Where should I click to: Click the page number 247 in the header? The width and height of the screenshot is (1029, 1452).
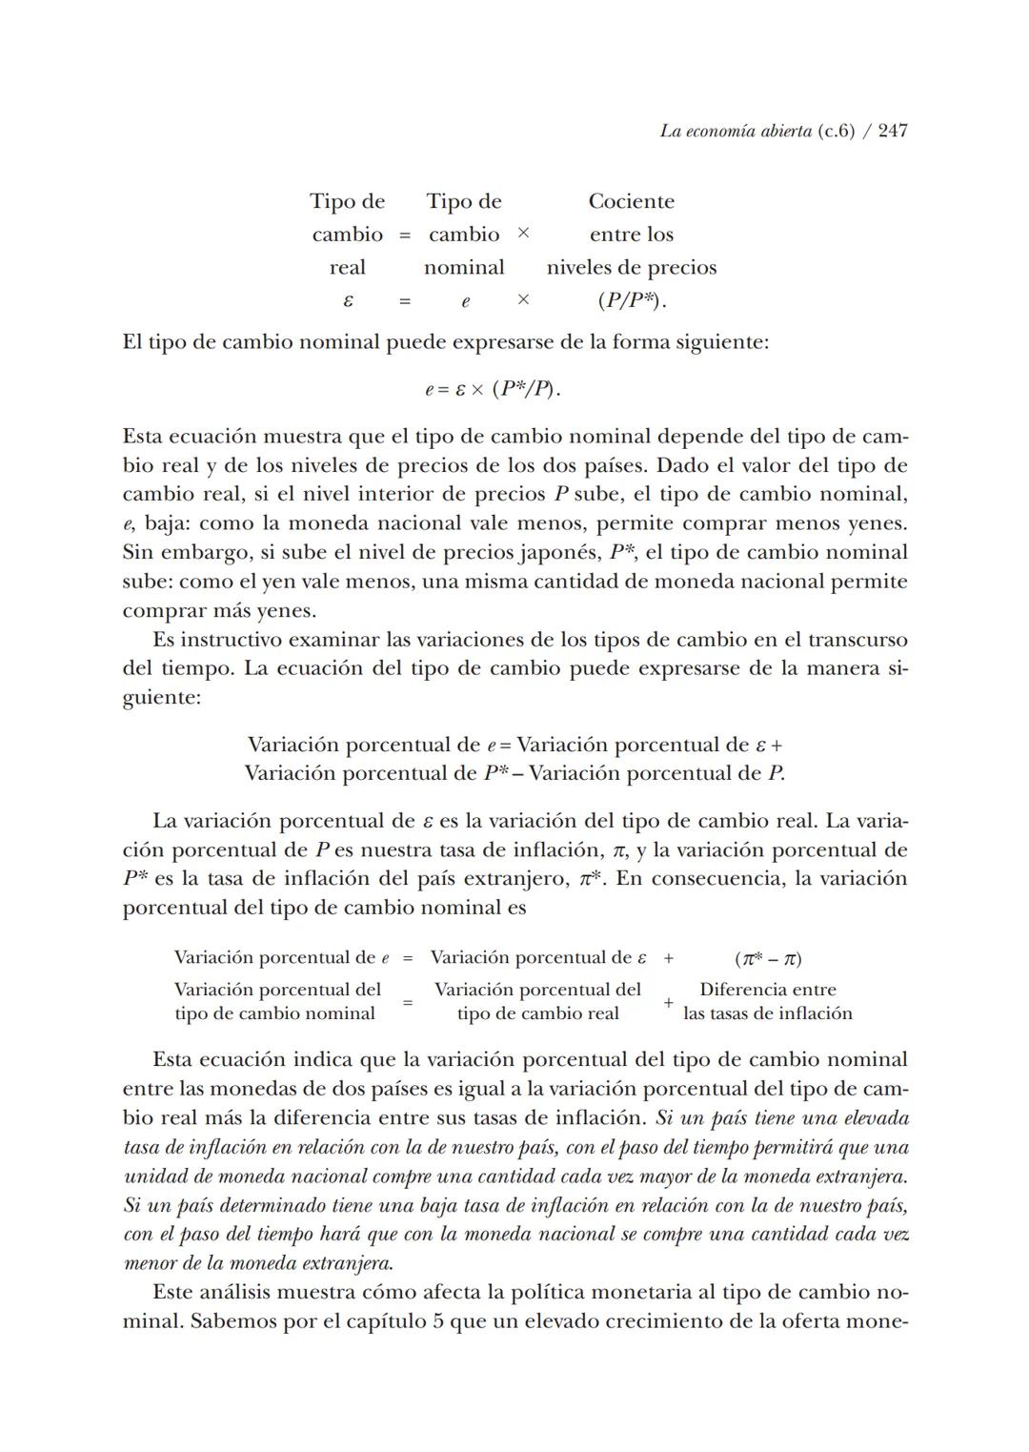(893, 131)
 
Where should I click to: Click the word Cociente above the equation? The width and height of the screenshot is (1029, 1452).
(631, 201)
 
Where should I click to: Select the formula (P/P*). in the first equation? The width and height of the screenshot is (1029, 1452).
(632, 300)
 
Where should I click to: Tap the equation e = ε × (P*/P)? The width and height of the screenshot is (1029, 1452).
(492, 389)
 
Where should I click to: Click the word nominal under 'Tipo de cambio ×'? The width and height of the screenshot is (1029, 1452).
(464, 268)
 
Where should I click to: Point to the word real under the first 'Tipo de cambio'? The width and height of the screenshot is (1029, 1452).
(347, 268)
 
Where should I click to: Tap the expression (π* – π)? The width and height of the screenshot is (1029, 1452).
(768, 958)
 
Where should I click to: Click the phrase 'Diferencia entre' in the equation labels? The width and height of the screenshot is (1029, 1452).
(768, 990)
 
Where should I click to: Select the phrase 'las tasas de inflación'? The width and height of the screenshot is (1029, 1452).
(768, 1013)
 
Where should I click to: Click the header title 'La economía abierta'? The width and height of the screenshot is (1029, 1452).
(736, 131)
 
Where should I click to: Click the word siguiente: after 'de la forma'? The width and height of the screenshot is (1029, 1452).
(721, 341)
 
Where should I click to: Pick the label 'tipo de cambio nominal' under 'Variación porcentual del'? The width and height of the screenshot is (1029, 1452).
(274, 1013)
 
